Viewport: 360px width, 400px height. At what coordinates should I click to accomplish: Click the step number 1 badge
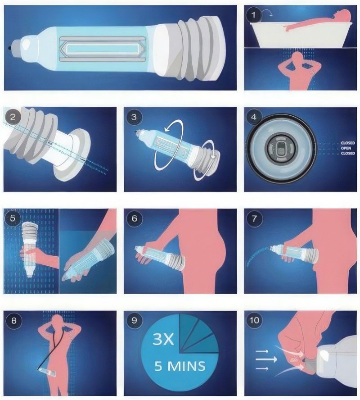(254, 15)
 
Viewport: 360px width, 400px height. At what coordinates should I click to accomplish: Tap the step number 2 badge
(13, 117)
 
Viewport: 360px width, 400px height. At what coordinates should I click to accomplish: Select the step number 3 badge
(134, 117)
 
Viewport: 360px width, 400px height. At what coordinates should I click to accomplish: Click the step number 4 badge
(254, 117)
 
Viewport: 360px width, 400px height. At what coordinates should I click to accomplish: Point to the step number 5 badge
(13, 218)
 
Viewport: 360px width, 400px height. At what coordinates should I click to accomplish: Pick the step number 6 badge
(134, 218)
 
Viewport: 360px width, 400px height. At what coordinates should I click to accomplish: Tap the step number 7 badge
(254, 218)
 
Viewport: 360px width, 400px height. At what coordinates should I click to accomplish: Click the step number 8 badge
(14, 320)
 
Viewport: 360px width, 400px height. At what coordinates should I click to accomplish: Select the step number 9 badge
(134, 320)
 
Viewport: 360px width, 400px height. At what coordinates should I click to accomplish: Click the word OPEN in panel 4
(346, 148)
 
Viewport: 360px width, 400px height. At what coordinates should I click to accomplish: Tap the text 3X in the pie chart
(163, 340)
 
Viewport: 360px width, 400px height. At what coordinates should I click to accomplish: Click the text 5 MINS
(180, 366)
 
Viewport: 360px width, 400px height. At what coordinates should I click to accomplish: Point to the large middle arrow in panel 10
(266, 359)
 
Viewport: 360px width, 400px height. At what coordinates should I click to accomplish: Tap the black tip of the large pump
(10, 48)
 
